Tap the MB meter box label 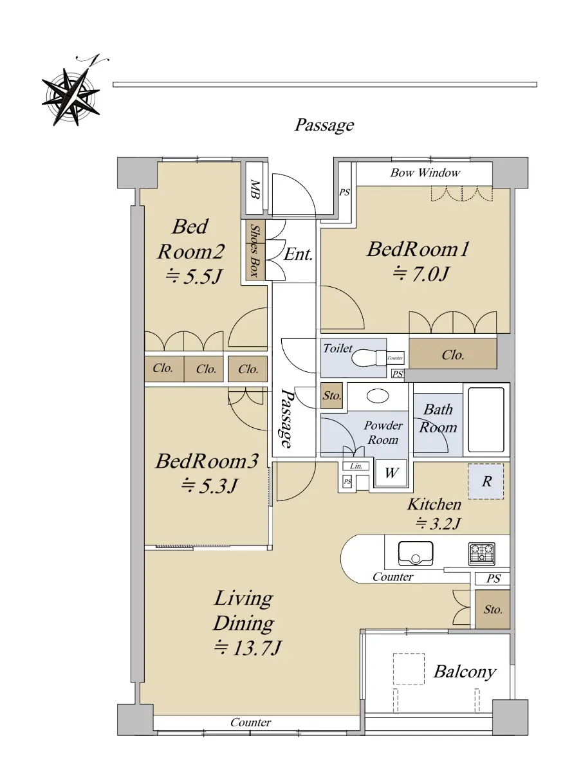[255, 189]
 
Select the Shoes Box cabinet [255, 250]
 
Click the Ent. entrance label [298, 255]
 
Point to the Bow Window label [425, 172]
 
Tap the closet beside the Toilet [453, 353]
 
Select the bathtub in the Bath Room [486, 419]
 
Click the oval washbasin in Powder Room [378, 396]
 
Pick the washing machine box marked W [391, 472]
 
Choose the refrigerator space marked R [486, 481]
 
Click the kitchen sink [416, 553]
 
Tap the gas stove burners [482, 553]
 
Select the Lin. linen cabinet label [356, 466]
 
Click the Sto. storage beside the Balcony [492, 609]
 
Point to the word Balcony [465, 672]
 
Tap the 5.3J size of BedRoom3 [209, 486]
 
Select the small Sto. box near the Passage [331, 395]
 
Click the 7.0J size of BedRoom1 [421, 274]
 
